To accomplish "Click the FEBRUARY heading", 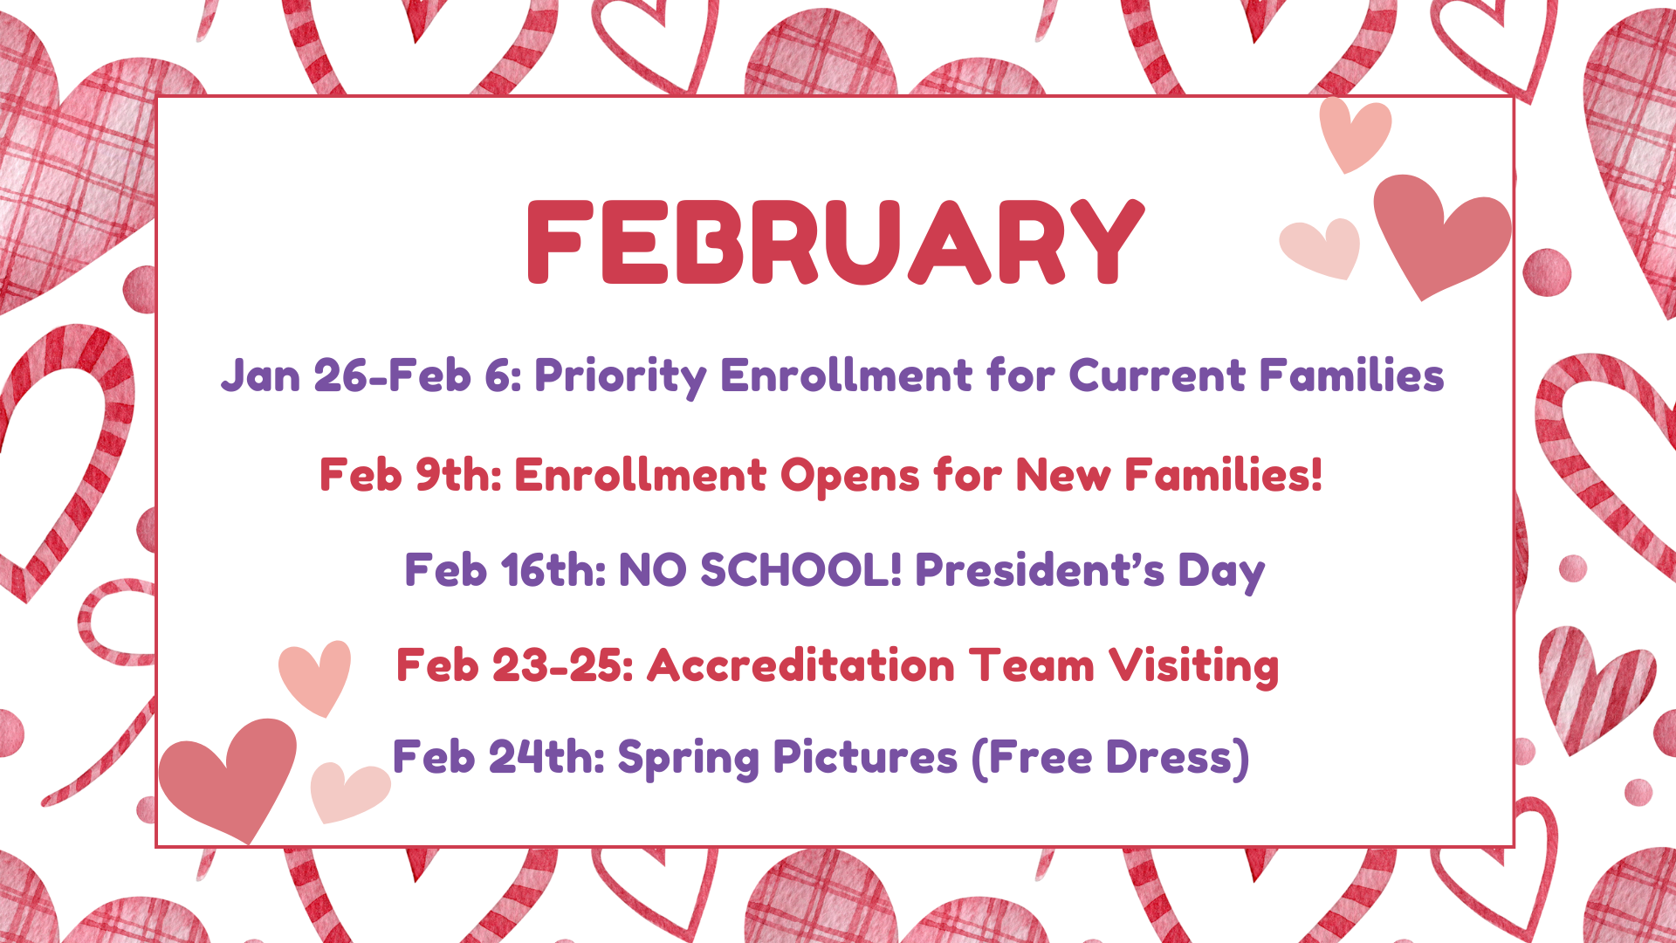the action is pos(835,242).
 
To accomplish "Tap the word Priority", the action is pos(621,377).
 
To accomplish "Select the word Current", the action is pos(1157,375).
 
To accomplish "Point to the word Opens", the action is pos(849,477).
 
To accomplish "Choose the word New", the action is pos(1062,475).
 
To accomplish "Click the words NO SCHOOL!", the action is pos(759,570).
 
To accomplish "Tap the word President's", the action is pos(1040,570).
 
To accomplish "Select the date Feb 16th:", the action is pos(505,570).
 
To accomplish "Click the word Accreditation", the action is pos(801,665).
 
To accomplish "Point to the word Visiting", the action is pos(1194,667).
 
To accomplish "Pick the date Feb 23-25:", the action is pos(515,665).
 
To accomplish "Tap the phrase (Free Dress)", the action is pos(1110,757).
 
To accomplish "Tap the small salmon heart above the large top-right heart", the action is pos(1355,134).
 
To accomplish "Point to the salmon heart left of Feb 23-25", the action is pos(315,678).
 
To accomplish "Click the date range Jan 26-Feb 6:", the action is pos(371,375).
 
